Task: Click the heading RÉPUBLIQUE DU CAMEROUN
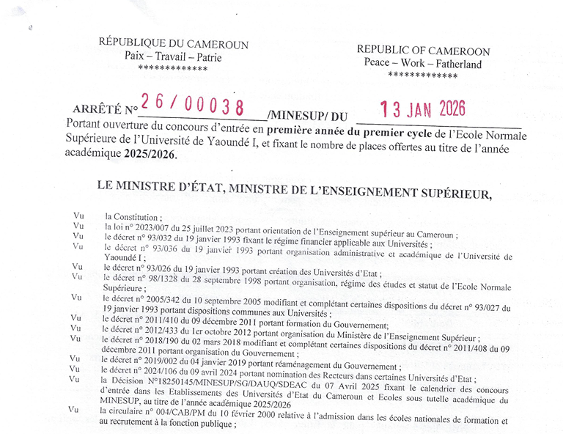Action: (x=173, y=43)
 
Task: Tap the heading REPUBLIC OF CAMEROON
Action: (x=423, y=50)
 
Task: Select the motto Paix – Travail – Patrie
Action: (x=173, y=56)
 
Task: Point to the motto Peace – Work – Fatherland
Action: (x=423, y=63)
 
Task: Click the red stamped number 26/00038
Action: (x=193, y=106)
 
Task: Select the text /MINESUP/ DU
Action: (x=307, y=115)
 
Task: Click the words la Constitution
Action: (x=132, y=217)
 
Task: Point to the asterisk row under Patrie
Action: (x=173, y=69)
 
